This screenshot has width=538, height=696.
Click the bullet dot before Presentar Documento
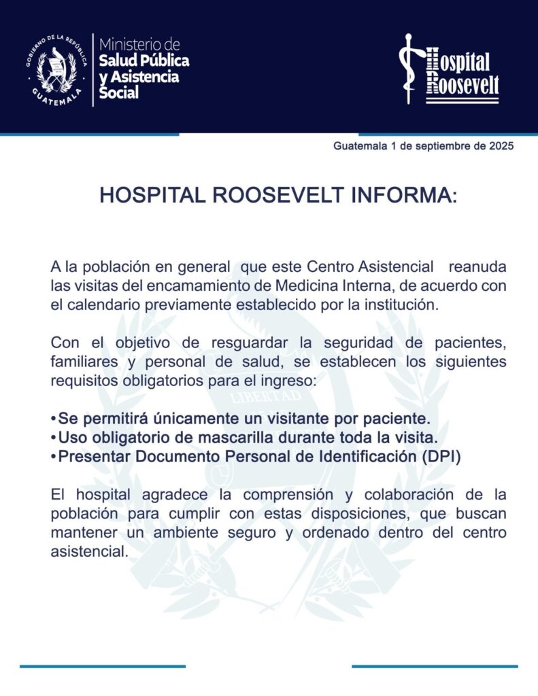pyautogui.click(x=53, y=457)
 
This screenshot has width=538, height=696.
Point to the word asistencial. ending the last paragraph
pyautogui.click(x=89, y=552)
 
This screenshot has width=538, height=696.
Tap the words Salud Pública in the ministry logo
pyautogui.click(x=144, y=60)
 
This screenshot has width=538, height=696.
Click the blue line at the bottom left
pyautogui.click(x=102, y=666)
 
